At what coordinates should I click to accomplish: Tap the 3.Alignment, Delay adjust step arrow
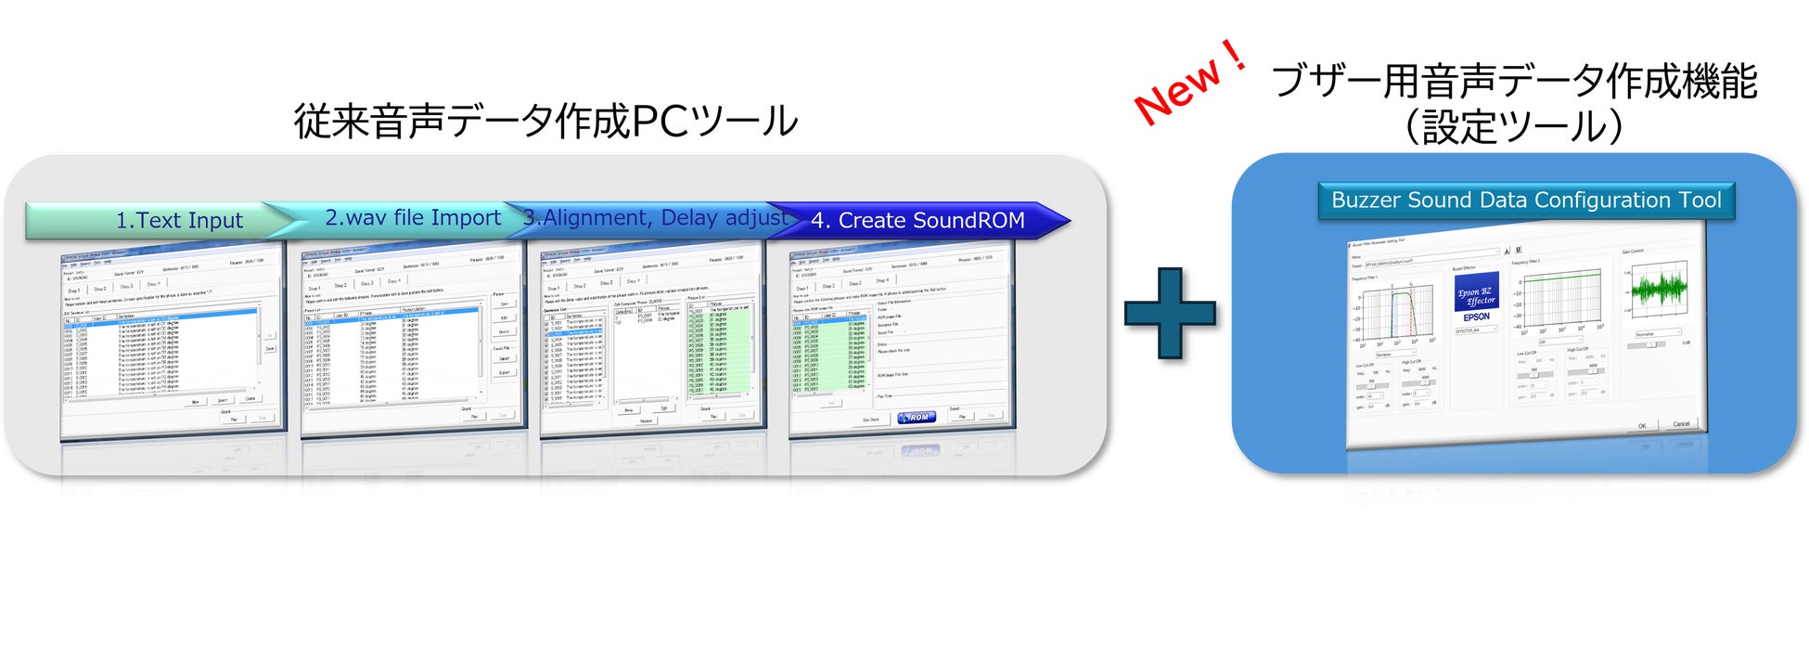pos(654,218)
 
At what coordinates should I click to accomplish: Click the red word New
pos(1178,91)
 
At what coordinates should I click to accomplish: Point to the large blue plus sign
pos(1170,313)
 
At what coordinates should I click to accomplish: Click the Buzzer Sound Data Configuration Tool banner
pos(1525,200)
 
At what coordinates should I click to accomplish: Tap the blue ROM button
pos(916,418)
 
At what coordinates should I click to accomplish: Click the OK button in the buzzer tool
pos(1641,426)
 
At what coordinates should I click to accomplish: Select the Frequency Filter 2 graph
pos(1562,296)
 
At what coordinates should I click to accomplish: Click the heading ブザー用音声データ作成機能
pos(1513,82)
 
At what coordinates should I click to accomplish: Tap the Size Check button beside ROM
pos(870,420)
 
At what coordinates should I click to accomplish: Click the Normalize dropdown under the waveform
pos(1657,333)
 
